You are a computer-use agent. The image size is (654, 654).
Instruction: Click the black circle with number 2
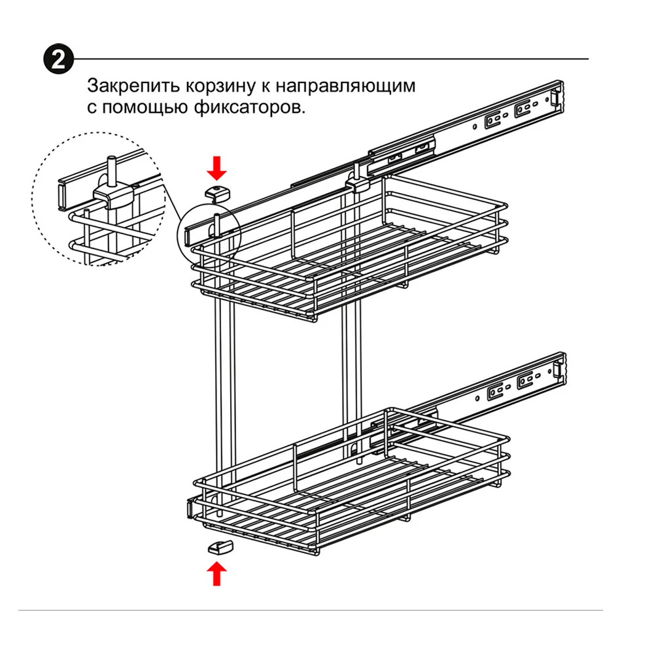(58, 60)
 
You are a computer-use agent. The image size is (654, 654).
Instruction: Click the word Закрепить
(133, 86)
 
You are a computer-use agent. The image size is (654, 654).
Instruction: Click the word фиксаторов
(249, 108)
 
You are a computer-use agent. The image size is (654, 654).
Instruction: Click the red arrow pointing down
(217, 167)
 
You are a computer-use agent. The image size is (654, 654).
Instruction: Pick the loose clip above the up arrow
(220, 546)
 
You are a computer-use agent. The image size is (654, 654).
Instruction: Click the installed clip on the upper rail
(357, 184)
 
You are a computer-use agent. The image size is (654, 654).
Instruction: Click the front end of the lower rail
(190, 508)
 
